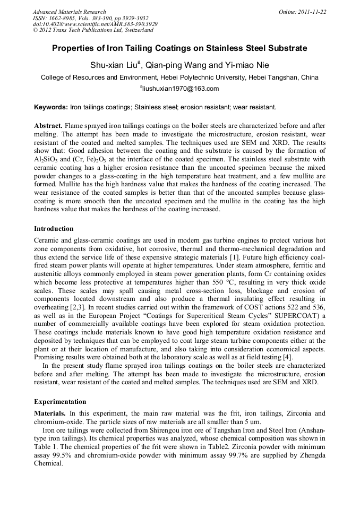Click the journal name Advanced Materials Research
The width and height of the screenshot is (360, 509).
(x=69, y=12)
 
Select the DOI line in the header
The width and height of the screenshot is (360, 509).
(x=95, y=24)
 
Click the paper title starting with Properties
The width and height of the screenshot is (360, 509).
(x=179, y=48)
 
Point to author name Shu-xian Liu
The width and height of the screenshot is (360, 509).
(x=116, y=65)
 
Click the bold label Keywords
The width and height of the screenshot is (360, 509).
(x=51, y=107)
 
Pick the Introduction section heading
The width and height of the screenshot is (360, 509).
(x=54, y=229)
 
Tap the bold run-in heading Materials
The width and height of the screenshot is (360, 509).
(x=50, y=412)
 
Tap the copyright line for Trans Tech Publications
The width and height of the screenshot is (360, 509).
(x=93, y=31)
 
